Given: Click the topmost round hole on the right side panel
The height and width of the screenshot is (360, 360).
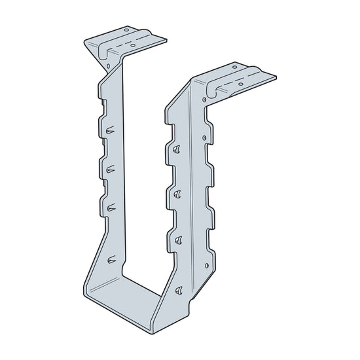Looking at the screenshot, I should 206,138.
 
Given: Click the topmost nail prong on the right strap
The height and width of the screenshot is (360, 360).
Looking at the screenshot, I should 176,149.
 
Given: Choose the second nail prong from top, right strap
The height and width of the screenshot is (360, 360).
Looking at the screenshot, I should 177,192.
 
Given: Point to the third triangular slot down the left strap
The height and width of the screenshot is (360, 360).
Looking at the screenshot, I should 111,207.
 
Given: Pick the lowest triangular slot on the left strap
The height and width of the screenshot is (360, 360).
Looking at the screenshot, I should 112,260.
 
